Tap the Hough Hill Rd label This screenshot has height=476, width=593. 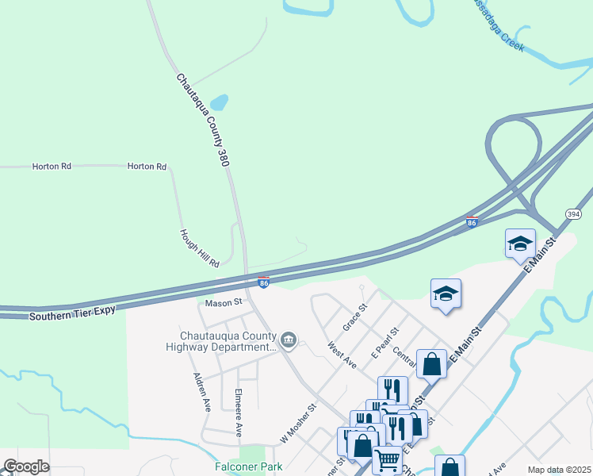pos(199,248)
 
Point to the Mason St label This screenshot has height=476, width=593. pos(223,303)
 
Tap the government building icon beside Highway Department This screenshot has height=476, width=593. pos(289,341)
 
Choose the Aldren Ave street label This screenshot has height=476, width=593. pos(201,393)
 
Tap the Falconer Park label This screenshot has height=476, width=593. pos(248,466)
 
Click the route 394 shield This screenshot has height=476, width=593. pos(574,214)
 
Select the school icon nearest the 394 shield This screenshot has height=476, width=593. pos(520,243)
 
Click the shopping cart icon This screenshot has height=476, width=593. pos(387,458)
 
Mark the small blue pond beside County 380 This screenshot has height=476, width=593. pos(219,102)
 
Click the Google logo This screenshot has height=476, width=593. pos(26,466)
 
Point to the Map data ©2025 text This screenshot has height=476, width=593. pos(559,470)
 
